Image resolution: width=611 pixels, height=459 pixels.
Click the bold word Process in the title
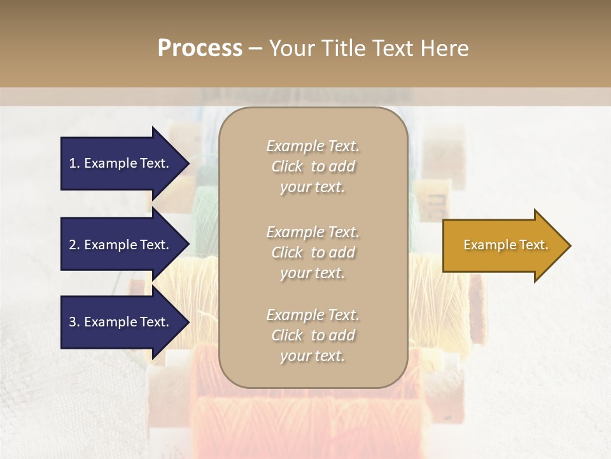pos(200,48)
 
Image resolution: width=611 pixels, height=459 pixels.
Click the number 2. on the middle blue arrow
pos(74,245)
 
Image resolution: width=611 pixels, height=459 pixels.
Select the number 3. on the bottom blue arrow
pos(74,322)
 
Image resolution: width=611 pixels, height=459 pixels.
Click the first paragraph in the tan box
pos(313,166)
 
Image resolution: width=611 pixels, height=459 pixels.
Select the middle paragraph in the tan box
pos(313,252)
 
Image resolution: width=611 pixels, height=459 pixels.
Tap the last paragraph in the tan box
pos(313,335)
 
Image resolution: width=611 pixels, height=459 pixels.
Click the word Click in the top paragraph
pos(287,166)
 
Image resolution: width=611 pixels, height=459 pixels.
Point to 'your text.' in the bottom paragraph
pos(313,356)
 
